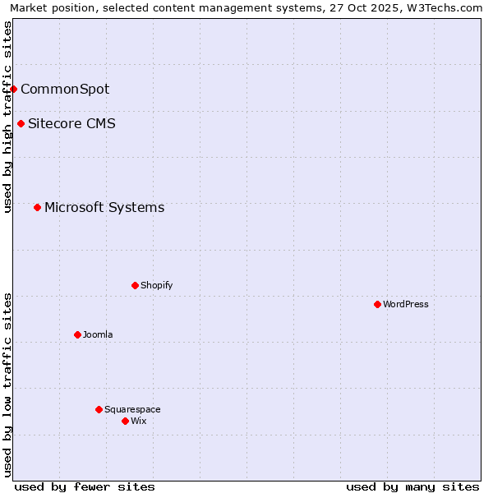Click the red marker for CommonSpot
tap(14, 89)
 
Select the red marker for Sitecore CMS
tap(21, 124)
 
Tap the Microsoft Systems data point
tap(38, 207)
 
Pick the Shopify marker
tap(136, 285)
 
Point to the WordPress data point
tap(378, 304)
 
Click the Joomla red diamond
tap(78, 334)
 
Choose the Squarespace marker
tap(99, 409)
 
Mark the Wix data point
tap(126, 421)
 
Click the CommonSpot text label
tap(65, 89)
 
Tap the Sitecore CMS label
tap(71, 124)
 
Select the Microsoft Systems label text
tap(104, 207)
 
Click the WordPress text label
tap(406, 304)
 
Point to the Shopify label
tap(156, 285)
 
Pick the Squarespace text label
tap(132, 409)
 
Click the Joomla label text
tap(98, 334)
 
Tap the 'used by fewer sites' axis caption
tap(85, 486)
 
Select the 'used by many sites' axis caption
tap(412, 486)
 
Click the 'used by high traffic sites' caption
tap(7, 117)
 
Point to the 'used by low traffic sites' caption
tap(7, 385)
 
